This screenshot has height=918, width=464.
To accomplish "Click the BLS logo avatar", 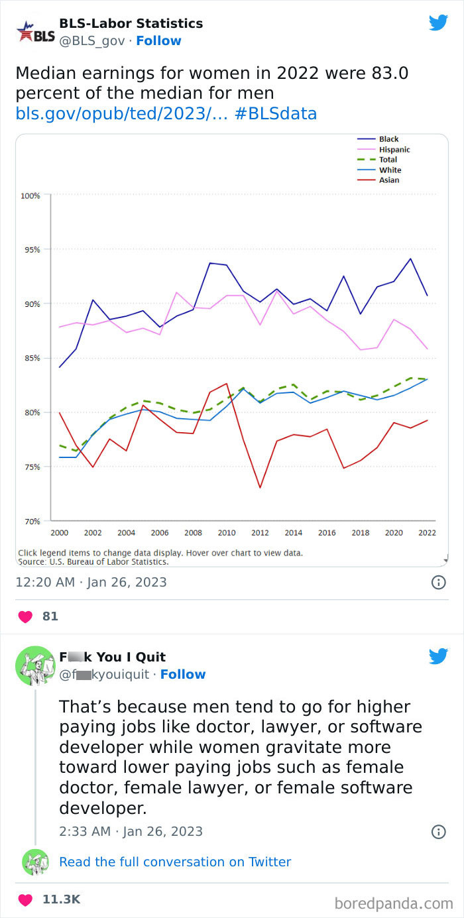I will click(35, 32).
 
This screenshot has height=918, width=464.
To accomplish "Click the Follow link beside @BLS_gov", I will click(158, 41).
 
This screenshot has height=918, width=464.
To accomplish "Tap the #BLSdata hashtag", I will click(276, 113).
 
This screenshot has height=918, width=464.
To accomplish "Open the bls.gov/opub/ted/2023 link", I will click(121, 113).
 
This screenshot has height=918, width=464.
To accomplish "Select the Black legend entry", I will click(388, 139).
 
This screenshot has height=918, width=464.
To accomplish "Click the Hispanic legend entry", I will click(394, 150).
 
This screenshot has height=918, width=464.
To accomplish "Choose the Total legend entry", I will click(388, 160).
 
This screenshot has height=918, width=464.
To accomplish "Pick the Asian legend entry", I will click(388, 180).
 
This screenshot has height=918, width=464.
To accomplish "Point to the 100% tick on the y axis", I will click(30, 196).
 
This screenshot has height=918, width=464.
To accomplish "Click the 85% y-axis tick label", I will click(31, 358).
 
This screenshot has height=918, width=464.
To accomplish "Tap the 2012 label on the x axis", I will click(260, 533).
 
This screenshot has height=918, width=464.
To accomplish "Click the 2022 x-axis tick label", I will click(427, 533).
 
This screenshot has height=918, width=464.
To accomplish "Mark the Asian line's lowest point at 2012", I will click(260, 488).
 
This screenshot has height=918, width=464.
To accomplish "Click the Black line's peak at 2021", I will click(411, 258).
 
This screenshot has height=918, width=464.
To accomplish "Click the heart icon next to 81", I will click(25, 616).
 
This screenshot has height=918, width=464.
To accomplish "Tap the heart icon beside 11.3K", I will click(25, 899).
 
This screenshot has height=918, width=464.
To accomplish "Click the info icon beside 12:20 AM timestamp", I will click(438, 583).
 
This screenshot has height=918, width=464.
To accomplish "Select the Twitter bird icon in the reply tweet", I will click(438, 656).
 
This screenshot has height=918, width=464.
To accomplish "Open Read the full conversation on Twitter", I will click(175, 862).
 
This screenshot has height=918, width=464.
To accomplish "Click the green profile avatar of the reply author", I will click(35, 665).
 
